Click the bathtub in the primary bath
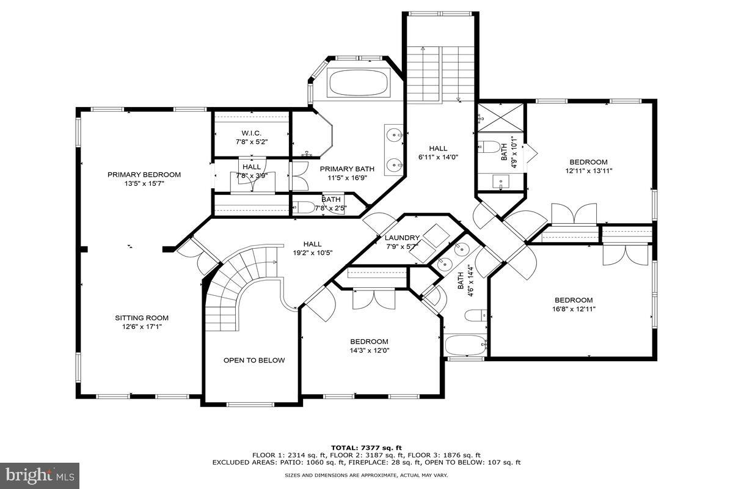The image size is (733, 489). coord(359,83)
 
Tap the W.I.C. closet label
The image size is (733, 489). coord(251,133)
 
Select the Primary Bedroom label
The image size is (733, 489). coord(144,175)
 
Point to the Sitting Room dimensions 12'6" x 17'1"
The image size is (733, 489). coord(142,326)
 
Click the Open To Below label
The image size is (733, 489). coord(254,360)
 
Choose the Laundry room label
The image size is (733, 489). coord(402,238)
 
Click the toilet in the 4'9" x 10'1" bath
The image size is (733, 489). coord(488,147)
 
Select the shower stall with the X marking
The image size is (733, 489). coord(501,118)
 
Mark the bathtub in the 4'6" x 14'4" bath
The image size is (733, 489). coord(465,345)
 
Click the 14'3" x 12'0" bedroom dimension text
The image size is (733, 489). coord(369,350)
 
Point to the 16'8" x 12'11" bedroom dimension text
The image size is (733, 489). coord(574,309)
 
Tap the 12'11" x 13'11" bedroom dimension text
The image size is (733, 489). coord(588,171)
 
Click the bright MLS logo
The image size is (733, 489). coord(40,476)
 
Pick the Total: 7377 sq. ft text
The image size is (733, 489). coord(366,447)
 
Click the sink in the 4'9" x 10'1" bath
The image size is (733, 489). coord(501,181)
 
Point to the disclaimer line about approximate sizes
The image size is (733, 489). coord(366,475)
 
